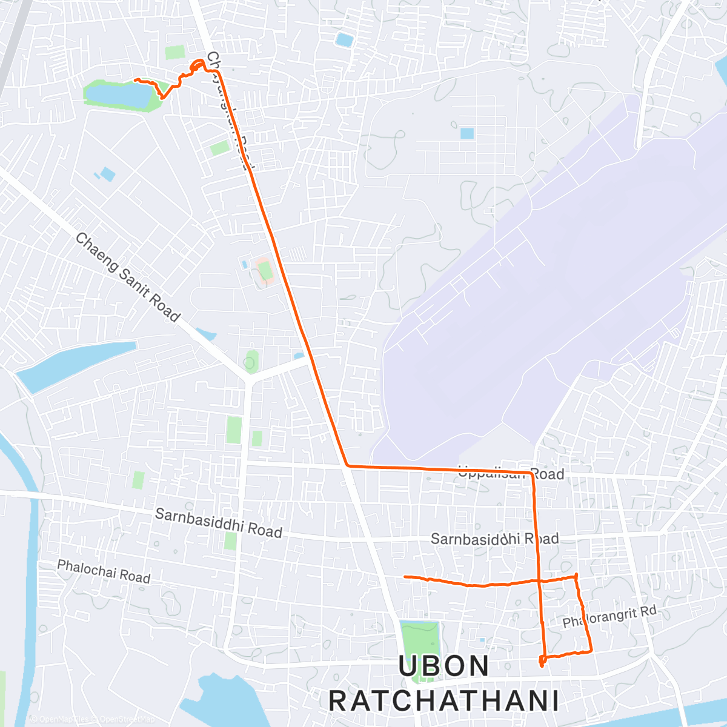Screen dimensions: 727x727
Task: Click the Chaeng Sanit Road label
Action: coord(127,277)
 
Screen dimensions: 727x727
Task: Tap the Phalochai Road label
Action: coord(104,572)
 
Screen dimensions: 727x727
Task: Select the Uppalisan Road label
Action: coord(511,473)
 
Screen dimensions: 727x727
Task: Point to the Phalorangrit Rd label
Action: coord(609,617)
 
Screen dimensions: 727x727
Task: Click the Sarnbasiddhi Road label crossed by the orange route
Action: coord(494,539)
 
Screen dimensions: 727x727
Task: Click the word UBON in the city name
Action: coord(443,666)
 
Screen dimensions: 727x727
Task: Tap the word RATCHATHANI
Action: coord(443,701)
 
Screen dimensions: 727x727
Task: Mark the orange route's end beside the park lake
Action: coord(136,80)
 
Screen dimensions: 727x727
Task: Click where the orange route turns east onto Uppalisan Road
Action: coord(347,465)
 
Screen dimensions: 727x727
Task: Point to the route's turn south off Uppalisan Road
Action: coord(532,473)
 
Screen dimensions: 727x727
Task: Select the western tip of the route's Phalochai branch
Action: coord(405,577)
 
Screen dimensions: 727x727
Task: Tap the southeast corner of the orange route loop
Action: coord(591,651)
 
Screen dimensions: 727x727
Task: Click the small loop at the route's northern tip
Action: coord(198,64)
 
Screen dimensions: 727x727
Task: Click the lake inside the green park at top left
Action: coord(119,95)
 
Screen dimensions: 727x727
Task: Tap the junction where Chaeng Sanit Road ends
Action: coord(248,380)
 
